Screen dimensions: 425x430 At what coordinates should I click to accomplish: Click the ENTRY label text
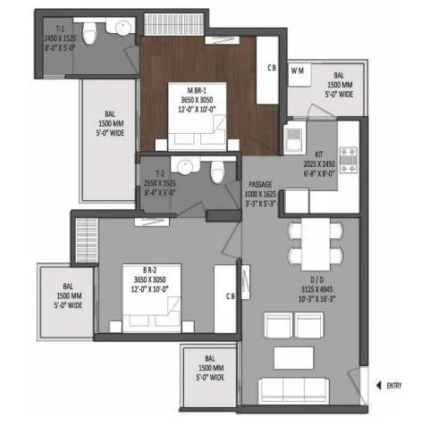click(394, 386)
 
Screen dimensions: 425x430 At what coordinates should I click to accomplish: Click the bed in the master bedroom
click(195, 134)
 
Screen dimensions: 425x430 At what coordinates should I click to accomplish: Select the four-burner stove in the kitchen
click(350, 159)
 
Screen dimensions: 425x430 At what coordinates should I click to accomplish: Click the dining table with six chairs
click(315, 242)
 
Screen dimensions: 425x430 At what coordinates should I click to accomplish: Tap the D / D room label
click(317, 290)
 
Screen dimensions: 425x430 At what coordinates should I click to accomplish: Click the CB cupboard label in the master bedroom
click(273, 68)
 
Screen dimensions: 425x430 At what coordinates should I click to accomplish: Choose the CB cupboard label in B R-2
click(231, 296)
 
